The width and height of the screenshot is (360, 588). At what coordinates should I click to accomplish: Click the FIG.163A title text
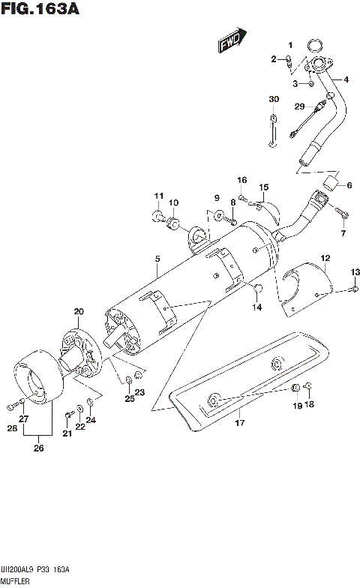point(40,10)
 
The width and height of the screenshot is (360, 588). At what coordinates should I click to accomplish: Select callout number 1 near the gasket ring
point(291,45)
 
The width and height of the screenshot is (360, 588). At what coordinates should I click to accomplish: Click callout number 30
point(274,100)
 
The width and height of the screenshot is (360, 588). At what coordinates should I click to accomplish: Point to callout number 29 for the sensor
point(298,106)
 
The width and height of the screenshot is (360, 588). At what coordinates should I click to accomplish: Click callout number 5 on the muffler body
point(157,259)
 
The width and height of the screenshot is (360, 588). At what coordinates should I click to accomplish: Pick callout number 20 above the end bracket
point(79,311)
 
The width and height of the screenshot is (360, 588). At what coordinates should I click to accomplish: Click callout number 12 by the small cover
point(325,259)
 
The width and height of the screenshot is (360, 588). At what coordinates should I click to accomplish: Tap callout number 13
point(355,271)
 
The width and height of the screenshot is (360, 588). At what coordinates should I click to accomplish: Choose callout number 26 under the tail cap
point(37,448)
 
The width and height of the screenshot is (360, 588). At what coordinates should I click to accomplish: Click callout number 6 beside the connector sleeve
point(348,185)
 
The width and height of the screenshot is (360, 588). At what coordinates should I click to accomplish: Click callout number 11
point(158,196)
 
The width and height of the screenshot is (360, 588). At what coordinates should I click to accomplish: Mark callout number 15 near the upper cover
point(263,187)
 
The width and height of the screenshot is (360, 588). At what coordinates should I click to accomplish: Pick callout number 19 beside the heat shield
point(296,406)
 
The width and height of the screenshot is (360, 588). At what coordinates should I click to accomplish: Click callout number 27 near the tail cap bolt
point(23,418)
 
